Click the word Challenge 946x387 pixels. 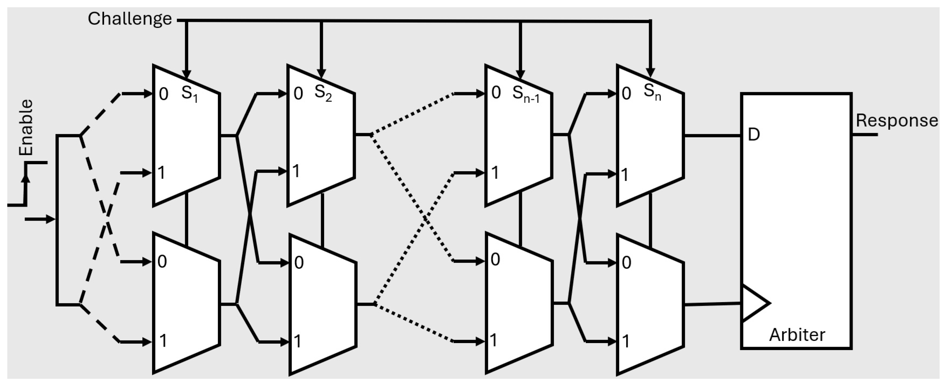click(129, 19)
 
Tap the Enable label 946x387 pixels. click(26, 127)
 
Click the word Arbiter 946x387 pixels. click(797, 335)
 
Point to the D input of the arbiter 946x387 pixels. click(754, 135)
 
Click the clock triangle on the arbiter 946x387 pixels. click(755, 303)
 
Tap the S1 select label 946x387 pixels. click(189, 94)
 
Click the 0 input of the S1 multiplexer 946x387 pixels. click(163, 94)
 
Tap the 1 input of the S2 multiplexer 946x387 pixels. click(296, 171)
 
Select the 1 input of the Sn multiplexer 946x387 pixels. click(625, 175)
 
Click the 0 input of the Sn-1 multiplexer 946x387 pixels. click(496, 93)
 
